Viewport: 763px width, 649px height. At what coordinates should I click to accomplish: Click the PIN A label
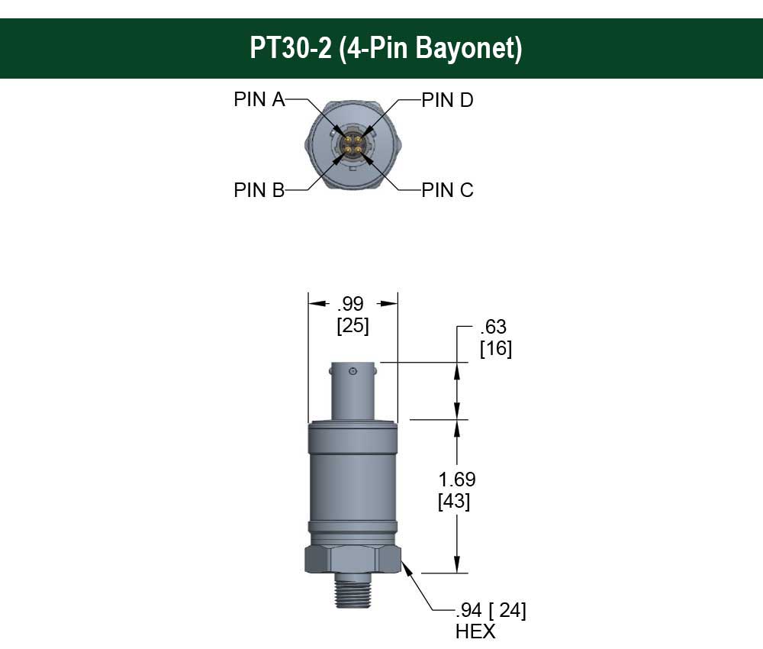259,100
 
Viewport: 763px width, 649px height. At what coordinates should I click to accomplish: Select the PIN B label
259,190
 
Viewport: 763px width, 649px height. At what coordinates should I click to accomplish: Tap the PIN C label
448,190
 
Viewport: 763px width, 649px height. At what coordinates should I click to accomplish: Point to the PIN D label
448,100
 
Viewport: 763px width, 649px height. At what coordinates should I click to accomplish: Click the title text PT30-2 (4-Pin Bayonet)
386,48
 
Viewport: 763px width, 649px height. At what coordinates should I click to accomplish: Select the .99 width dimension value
352,304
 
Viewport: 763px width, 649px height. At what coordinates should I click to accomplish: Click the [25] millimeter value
352,326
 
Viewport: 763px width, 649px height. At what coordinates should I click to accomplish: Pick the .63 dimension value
494,328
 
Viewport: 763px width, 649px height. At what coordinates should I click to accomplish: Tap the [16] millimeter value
495,349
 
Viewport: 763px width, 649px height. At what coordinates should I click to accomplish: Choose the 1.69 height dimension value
457,479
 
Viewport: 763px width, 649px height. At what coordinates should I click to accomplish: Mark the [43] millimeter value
454,502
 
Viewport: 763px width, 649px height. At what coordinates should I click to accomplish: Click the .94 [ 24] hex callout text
491,610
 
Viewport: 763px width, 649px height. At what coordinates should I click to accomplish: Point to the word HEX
475,631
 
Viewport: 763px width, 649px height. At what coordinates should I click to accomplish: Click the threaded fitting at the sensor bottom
353,590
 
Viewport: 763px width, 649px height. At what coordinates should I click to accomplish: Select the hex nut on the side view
353,559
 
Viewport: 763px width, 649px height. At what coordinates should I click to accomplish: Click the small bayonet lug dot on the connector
353,372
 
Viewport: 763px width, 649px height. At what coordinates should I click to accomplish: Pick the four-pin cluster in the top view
353,144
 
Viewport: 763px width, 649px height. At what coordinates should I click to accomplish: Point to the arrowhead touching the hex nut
406,566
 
